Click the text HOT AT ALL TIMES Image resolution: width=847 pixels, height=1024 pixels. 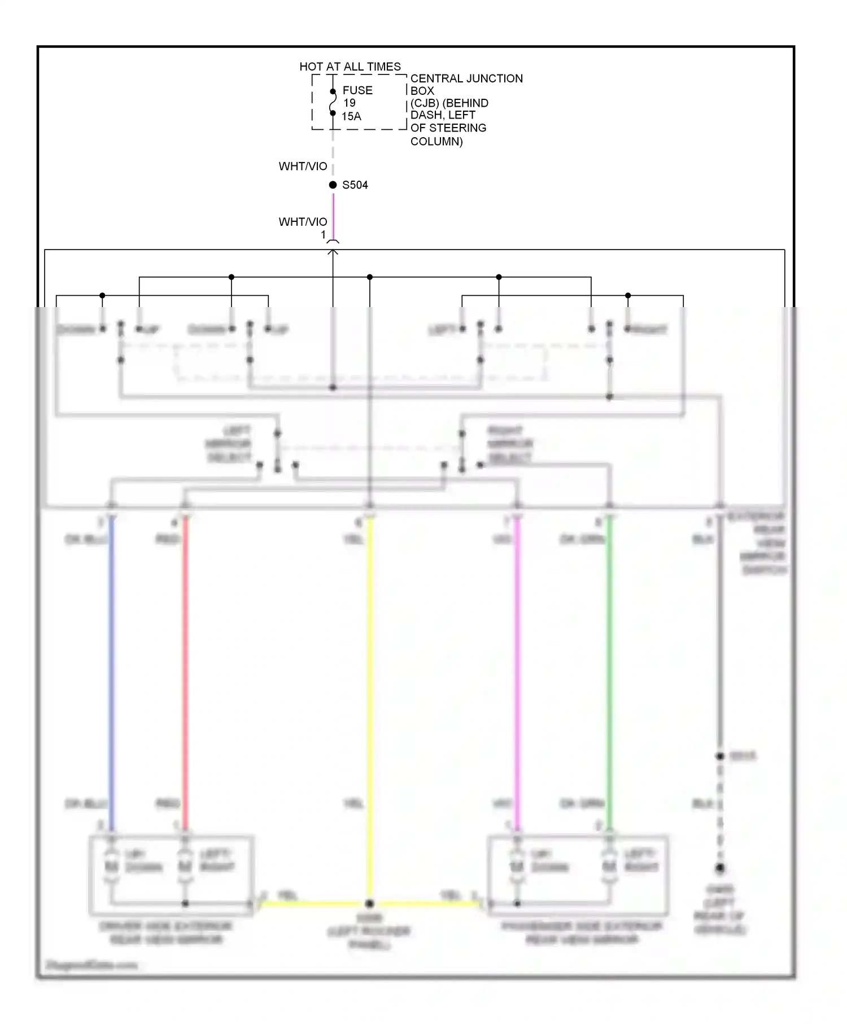(350, 67)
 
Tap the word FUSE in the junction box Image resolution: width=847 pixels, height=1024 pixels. (357, 90)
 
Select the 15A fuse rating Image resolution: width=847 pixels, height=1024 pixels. (351, 116)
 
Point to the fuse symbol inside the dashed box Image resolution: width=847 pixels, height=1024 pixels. (333, 102)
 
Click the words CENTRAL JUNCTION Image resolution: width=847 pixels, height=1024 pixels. (466, 78)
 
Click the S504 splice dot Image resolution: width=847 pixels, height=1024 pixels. (333, 185)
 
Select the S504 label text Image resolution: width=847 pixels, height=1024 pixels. (355, 185)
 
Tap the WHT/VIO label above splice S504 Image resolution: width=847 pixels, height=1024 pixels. (303, 167)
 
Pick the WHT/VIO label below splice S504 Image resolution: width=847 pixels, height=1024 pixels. (303, 222)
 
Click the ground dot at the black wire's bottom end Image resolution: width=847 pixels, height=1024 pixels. (720, 868)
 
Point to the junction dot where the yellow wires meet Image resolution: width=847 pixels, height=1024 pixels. (369, 903)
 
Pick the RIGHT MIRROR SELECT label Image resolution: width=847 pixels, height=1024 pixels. (509, 444)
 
